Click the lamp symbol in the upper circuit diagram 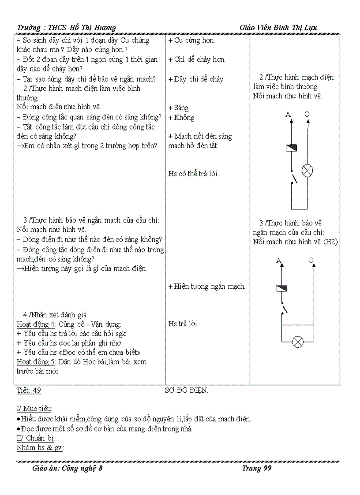coord(307,171)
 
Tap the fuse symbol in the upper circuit coord(291,148)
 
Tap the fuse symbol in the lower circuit coord(281,288)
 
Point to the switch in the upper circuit coord(293,177)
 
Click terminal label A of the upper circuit coord(289,115)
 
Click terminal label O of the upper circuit coord(307,115)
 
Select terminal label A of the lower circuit coord(279,261)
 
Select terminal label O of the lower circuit coord(311,261)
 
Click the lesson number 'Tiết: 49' coord(29,391)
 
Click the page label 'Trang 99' coord(256,468)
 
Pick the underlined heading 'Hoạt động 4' coord(36,324)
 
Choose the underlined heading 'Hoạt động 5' coord(36,362)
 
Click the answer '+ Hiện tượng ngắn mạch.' coord(206,287)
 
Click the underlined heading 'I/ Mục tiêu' coord(34,409)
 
